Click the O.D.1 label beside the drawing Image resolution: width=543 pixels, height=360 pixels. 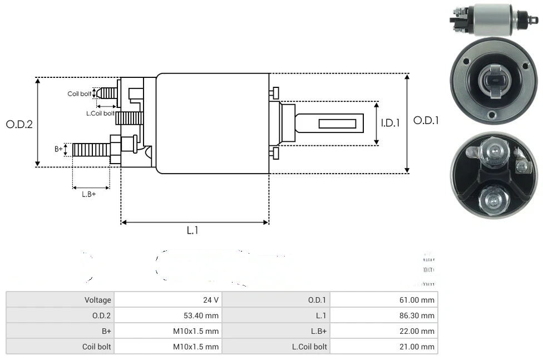[x=426, y=120]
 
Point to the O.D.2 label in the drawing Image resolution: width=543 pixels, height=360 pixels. [x=19, y=124]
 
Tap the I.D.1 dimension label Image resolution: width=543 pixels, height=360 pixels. [x=391, y=123]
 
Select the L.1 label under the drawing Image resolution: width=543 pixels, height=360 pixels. [x=192, y=230]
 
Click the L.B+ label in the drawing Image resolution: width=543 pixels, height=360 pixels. [x=89, y=194]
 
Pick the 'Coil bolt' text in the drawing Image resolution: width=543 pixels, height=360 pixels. [x=80, y=93]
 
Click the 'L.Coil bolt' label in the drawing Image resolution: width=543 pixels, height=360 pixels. [x=101, y=113]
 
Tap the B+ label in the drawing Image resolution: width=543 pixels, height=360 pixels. [x=59, y=149]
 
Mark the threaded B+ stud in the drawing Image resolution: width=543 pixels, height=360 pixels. [x=91, y=149]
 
